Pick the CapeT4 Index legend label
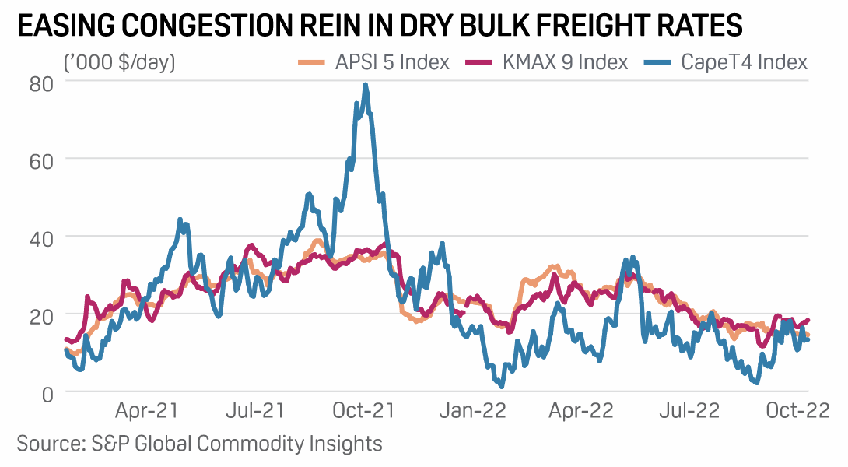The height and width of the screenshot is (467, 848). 744,62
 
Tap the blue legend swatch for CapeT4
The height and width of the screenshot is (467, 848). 659,62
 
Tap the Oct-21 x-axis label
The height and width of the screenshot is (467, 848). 362,410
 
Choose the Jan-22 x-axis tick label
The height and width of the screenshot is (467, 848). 474,410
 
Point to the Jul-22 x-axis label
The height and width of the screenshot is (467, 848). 687,410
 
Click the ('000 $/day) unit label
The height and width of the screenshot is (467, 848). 120,62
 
